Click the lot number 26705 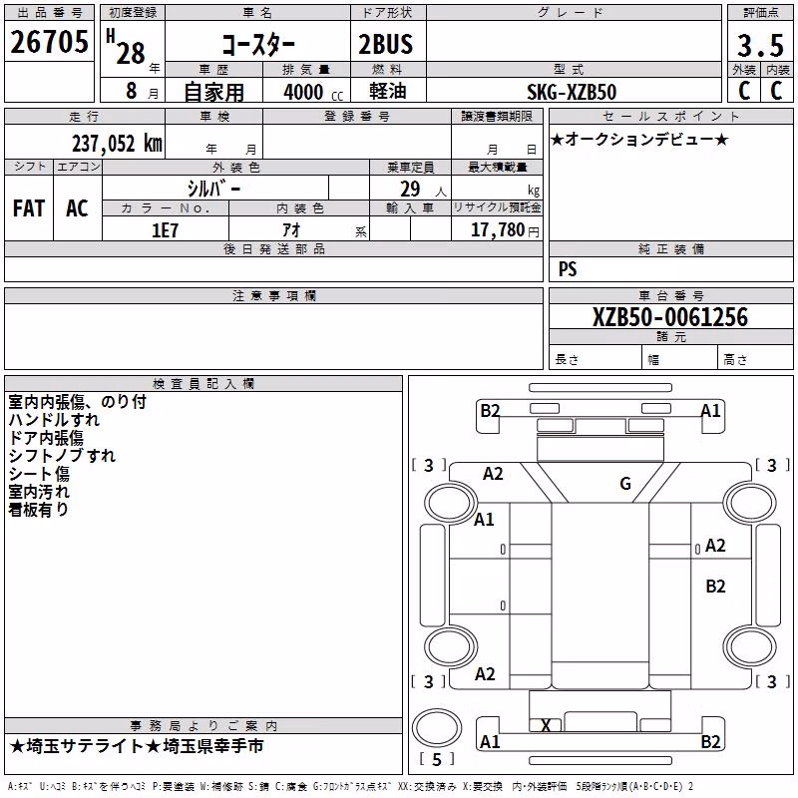tap(49, 42)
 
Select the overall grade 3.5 tap(760, 45)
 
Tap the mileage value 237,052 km tap(117, 144)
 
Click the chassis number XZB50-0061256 tap(670, 317)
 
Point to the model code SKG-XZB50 tap(572, 92)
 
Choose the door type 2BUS tap(386, 44)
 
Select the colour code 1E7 tap(165, 230)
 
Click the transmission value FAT tap(29, 208)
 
